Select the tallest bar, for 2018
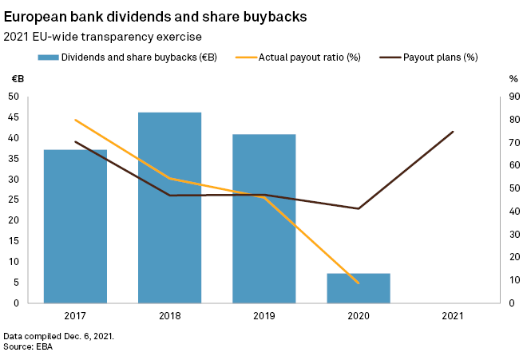(169, 208)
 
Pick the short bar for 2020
(359, 288)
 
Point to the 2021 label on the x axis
(453, 316)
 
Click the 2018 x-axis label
(169, 316)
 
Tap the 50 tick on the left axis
(14, 97)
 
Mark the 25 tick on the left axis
(14, 200)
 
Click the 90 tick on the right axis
(514, 97)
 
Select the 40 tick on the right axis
(514, 212)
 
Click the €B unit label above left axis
(16, 79)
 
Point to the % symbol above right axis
(513, 79)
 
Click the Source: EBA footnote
(28, 347)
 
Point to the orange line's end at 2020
(359, 283)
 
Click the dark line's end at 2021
(453, 132)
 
